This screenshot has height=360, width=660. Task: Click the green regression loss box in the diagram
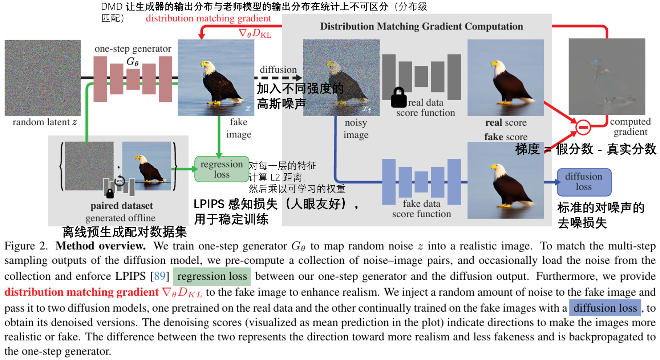tap(222, 169)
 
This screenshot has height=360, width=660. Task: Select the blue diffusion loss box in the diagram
tap(584, 182)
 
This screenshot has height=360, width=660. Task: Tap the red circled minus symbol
tap(583, 127)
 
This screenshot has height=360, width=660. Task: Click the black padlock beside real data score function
tap(398, 98)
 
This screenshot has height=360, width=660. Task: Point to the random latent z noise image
tap(42, 78)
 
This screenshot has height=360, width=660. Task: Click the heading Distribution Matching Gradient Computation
tap(421, 27)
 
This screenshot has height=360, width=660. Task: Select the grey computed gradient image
tap(607, 77)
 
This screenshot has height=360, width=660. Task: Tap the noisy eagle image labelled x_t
tap(341, 78)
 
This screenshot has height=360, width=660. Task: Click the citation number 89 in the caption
tap(160, 276)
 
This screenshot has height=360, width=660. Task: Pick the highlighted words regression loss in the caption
tap(212, 276)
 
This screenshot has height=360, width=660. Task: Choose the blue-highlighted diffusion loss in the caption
tap(605, 308)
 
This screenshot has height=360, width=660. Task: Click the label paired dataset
tap(122, 206)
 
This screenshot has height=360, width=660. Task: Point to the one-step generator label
tap(133, 49)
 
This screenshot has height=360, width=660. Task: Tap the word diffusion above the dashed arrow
tap(278, 69)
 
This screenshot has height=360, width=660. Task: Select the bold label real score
tap(506, 123)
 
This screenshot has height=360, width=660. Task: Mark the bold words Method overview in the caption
tap(101, 246)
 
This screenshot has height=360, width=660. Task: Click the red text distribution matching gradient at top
tap(208, 19)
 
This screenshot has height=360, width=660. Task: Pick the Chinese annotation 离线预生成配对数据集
tap(124, 232)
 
